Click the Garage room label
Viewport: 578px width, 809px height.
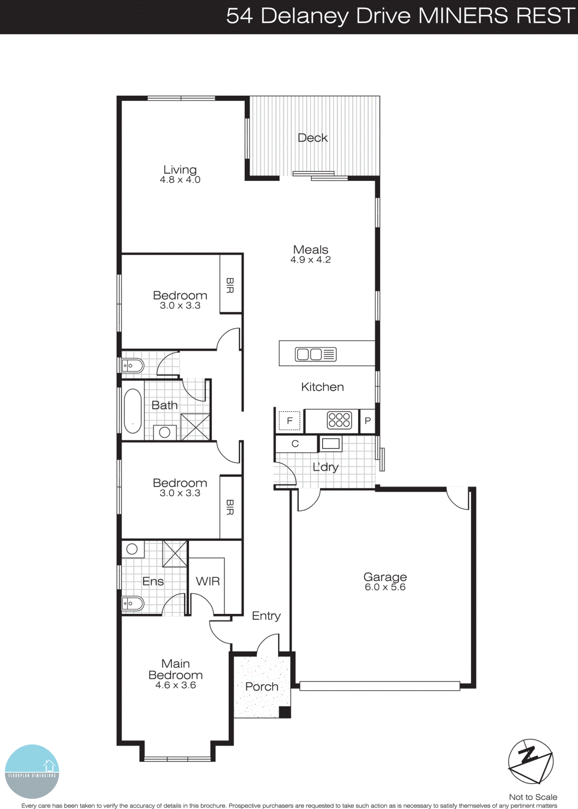coord(385,577)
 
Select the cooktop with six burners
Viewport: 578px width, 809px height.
coord(339,420)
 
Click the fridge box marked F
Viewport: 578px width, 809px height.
coord(290,421)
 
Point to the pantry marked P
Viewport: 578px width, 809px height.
coord(368,421)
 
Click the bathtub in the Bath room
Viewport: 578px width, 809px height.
coord(133,411)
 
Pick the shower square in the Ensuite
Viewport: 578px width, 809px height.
coord(174,554)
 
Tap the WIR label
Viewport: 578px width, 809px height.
coord(208,581)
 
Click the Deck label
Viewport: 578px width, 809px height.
coord(313,138)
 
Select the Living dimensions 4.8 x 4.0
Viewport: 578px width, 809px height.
coord(180,179)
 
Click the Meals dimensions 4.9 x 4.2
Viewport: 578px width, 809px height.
coord(310,260)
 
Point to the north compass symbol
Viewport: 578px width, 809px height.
coord(530,761)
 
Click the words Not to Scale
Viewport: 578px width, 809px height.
coord(533,797)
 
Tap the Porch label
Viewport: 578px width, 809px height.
coord(261,687)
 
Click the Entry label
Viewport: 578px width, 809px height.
coord(266,616)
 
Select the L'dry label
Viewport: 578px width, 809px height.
coord(325,467)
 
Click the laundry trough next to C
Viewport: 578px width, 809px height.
coord(331,444)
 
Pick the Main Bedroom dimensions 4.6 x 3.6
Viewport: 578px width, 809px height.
coord(175,686)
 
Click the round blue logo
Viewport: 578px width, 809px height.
coord(32,771)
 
